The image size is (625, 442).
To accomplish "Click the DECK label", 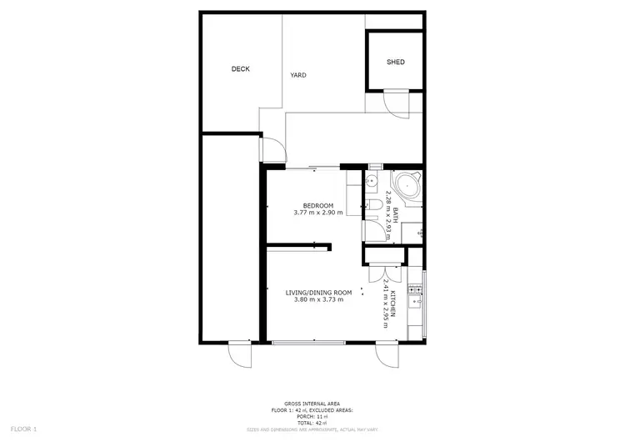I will pyautogui.click(x=240, y=69).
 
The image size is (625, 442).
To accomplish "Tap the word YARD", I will pyautogui.click(x=297, y=75).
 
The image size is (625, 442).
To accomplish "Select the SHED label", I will pyautogui.click(x=395, y=63).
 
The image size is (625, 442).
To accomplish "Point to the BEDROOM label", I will pyautogui.click(x=317, y=206).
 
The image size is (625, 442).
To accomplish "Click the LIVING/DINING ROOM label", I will pyautogui.click(x=318, y=293).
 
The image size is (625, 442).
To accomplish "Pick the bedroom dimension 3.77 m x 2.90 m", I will pyautogui.click(x=317, y=213).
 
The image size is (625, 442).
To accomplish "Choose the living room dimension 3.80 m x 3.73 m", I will pyautogui.click(x=318, y=299).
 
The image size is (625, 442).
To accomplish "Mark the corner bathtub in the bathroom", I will pyautogui.click(x=407, y=188).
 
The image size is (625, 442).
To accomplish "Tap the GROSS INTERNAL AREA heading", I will pyautogui.click(x=312, y=404).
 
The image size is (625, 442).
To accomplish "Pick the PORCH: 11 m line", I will pyautogui.click(x=312, y=417).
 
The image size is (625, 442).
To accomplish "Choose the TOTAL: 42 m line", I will pyautogui.click(x=312, y=423).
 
